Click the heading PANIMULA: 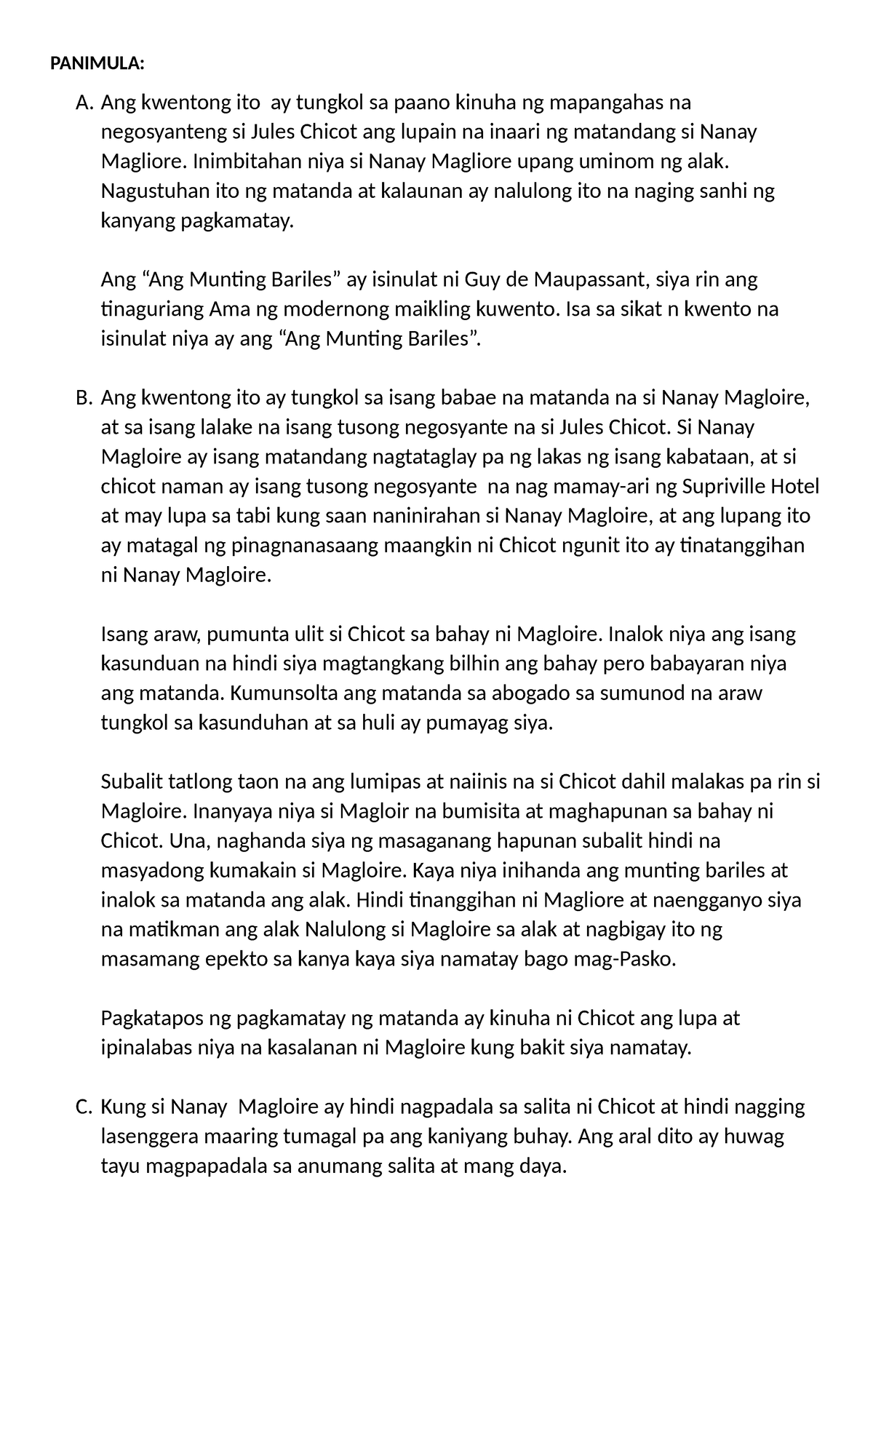97,64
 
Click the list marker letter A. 84,103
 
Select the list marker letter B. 84,398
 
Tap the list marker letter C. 84,1107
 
